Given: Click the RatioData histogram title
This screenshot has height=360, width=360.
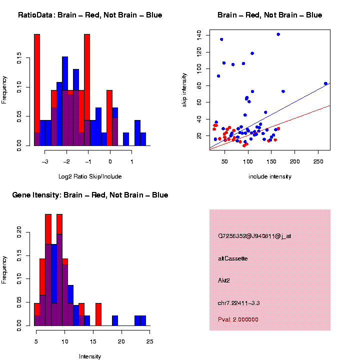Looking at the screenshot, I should [90, 15].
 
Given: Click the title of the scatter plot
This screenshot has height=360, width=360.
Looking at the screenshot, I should [269, 15].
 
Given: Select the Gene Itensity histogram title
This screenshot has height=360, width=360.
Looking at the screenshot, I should [90, 194].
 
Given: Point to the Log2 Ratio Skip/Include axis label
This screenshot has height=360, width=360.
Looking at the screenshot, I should [89, 176].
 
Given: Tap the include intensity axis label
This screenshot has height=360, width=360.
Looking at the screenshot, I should [269, 176].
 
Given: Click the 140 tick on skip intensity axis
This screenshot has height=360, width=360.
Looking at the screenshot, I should [199, 34].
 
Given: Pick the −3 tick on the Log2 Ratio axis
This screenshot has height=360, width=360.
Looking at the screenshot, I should [45, 161].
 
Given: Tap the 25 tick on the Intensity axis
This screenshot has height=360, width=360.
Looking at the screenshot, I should [149, 341].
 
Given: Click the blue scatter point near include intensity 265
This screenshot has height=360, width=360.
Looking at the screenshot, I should [325, 83].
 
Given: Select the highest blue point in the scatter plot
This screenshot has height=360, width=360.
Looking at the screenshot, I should [278, 34].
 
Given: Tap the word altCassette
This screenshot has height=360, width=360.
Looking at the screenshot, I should [232, 258].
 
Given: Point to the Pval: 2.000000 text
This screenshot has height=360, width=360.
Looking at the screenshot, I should [238, 319].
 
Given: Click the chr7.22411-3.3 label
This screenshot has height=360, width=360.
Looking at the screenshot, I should [238, 303].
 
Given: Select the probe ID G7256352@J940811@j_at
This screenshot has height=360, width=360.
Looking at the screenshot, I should [254, 236].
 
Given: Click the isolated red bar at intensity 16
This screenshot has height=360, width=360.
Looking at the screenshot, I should [98, 314].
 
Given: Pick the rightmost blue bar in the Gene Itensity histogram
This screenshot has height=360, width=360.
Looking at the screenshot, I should [143, 320].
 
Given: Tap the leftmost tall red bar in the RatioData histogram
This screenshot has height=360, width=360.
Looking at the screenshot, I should [37, 90].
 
